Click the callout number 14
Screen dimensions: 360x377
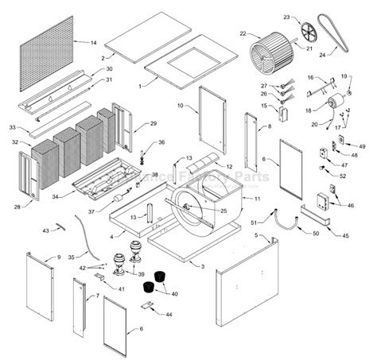pos(93,42)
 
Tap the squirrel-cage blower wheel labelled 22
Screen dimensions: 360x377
pos(269,55)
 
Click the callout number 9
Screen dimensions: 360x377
pos(59,258)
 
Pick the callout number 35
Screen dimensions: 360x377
pos(71,257)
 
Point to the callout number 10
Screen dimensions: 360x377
pos(181,105)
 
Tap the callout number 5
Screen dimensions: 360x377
pos(256,236)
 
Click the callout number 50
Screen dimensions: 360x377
pos(316,234)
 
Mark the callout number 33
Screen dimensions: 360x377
pos(12,127)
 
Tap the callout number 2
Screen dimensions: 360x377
pos(103,59)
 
